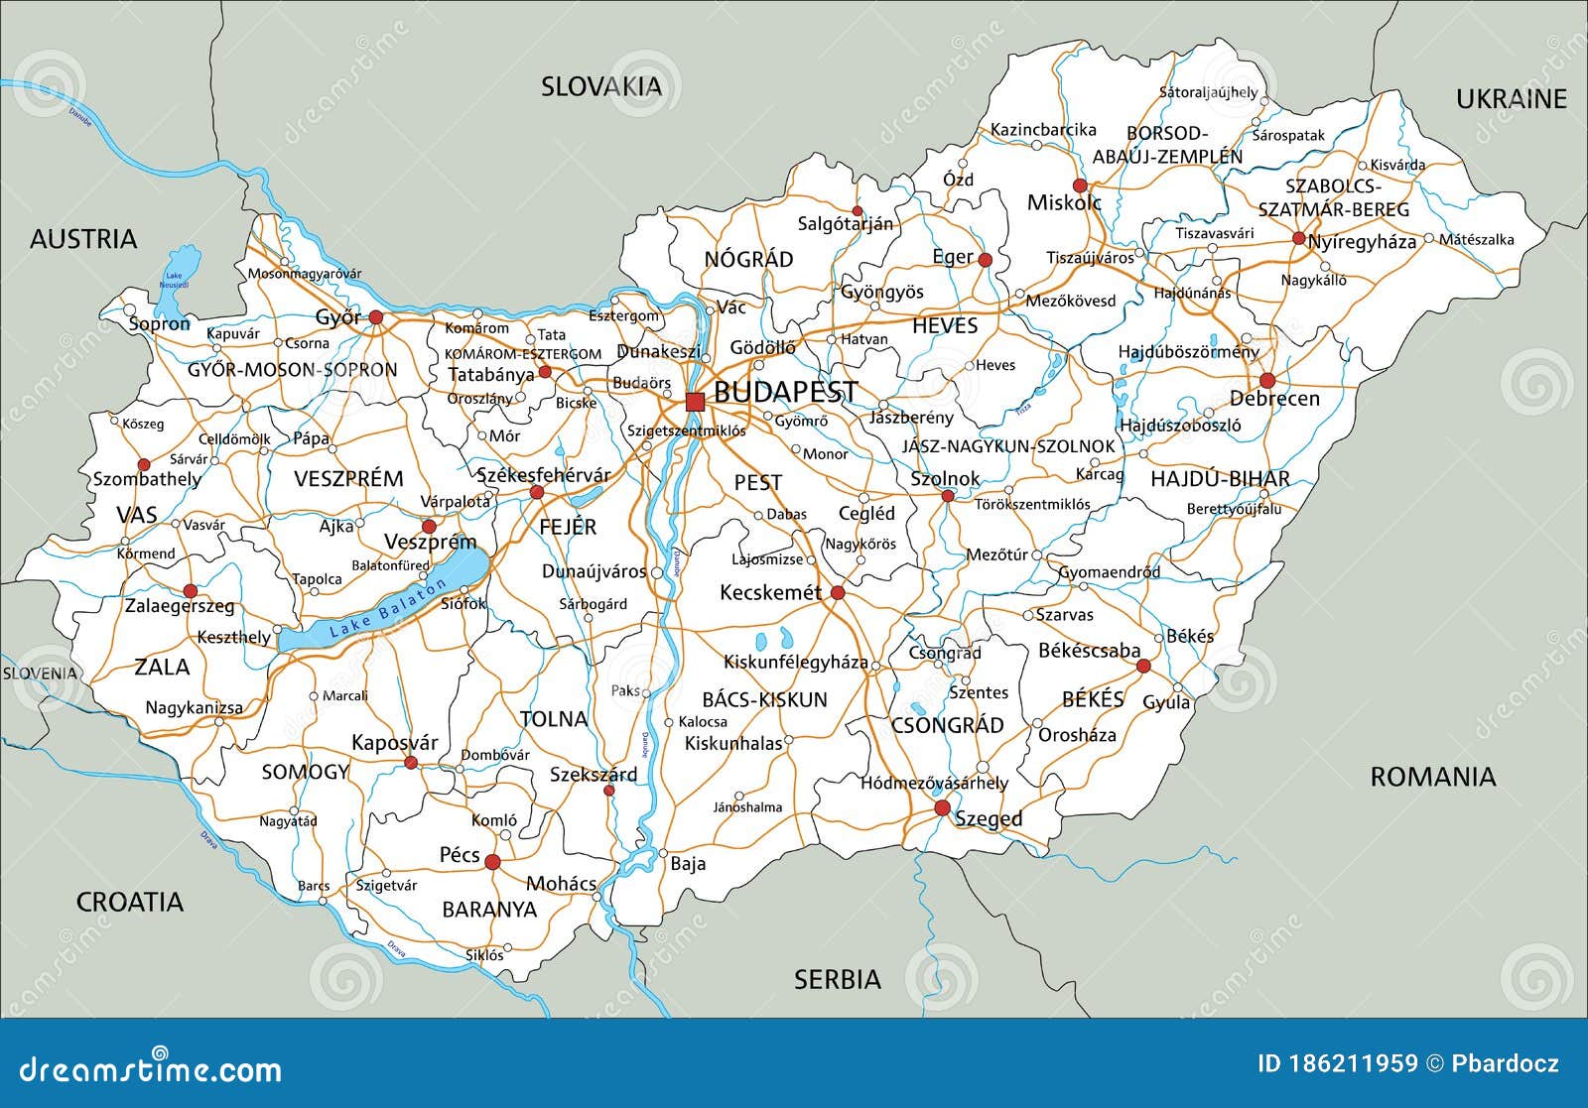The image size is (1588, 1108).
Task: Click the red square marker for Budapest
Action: point(695,401)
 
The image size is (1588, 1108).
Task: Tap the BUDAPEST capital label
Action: point(785,392)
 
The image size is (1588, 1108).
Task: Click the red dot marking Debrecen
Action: point(1266,380)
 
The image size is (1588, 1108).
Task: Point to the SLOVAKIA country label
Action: point(600,87)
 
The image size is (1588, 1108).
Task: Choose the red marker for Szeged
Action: point(942,808)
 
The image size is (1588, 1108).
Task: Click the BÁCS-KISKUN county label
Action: point(764,700)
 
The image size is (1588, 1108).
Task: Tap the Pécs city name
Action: point(460,855)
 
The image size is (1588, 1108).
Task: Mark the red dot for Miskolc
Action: point(1080,185)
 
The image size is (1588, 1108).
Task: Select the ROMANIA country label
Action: point(1432,777)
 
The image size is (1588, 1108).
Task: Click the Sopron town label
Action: point(160,324)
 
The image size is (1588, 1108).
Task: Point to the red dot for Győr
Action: point(376,317)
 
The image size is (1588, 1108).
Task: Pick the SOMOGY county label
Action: point(306,772)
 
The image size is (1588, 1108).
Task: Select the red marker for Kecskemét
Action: point(838,593)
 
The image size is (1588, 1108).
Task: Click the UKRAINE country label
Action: point(1511,99)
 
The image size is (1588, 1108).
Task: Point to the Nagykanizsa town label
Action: point(195,708)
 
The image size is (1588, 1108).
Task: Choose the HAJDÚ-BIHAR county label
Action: point(1220,479)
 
